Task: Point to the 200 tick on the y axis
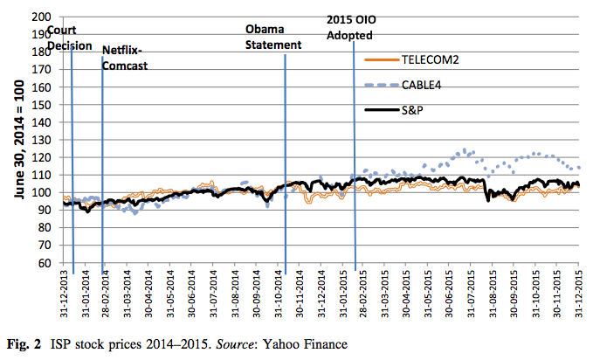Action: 40,17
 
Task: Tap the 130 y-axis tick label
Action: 40,140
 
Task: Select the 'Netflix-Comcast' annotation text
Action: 125,59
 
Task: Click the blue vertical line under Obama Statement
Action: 286,175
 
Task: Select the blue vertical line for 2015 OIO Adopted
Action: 355,175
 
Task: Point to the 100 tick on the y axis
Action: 40,192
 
